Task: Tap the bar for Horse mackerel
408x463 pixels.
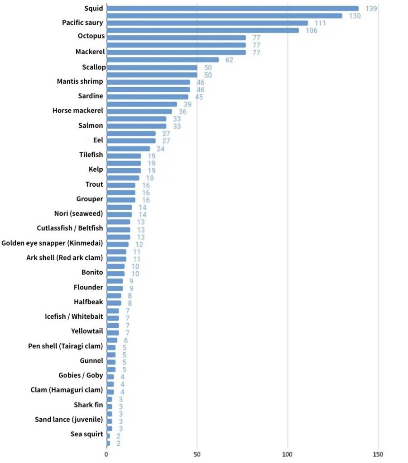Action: point(139,111)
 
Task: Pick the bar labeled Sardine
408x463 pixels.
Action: point(147,97)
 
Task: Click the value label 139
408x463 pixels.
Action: point(371,9)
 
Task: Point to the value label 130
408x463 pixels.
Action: point(355,16)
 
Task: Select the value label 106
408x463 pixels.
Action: point(312,31)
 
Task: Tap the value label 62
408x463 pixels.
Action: point(230,60)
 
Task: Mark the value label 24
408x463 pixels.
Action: point(161,148)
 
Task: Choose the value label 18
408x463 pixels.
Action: point(150,178)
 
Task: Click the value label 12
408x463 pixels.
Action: point(139,244)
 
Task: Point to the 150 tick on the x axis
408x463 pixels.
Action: point(379,454)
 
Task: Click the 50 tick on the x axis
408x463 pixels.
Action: point(197,454)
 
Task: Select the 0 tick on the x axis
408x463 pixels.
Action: point(106,454)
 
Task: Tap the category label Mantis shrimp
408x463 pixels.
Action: point(80,81)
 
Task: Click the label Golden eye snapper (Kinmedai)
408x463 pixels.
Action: point(52,243)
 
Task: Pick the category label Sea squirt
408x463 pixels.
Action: point(86,435)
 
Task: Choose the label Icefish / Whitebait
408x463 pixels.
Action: point(73,317)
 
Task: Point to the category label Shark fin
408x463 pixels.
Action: point(88,405)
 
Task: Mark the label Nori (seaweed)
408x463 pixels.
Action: point(78,213)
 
